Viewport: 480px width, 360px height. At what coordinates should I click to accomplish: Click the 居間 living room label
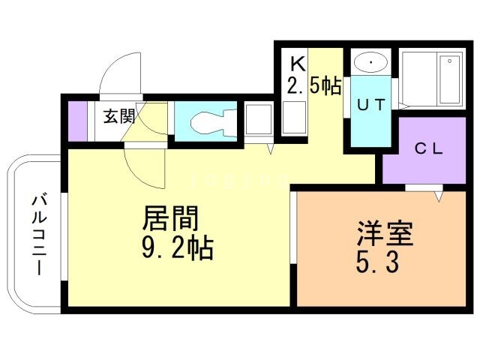pos(172,219)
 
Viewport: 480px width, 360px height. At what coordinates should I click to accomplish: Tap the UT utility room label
pos(370,104)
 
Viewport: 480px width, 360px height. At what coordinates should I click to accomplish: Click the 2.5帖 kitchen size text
pos(313,85)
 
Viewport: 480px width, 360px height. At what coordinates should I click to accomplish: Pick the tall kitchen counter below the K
pos(293,116)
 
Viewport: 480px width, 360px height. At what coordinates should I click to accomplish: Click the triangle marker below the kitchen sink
pos(271,149)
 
